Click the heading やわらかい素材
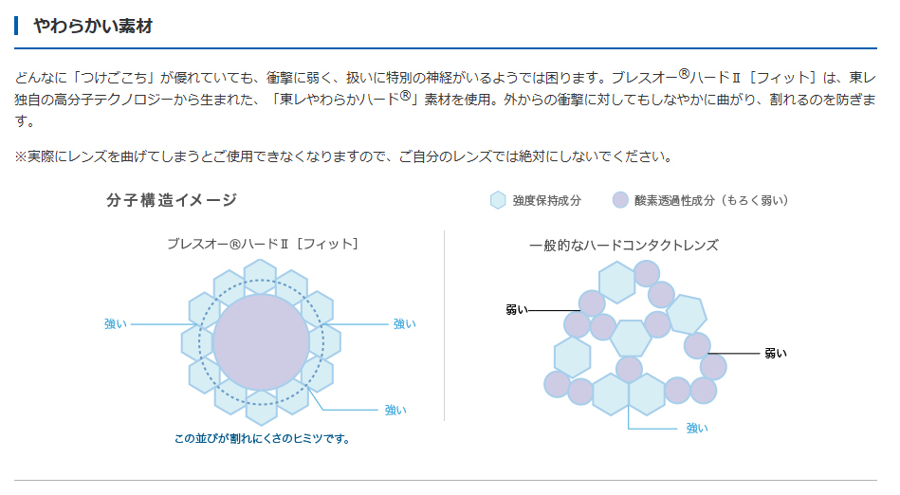coord(93,26)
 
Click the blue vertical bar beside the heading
coord(17,26)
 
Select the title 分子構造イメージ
coord(172,200)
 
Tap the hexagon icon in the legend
coord(498,200)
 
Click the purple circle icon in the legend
coord(620,200)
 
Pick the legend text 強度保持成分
coord(547,200)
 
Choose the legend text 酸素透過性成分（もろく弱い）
coord(711,200)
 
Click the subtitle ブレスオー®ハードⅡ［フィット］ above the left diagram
coord(263,244)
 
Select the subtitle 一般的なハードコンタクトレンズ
coord(623,246)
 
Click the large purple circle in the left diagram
coord(261,342)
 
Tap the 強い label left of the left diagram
coord(116,324)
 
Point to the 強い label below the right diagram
coord(697,429)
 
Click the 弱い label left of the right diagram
coord(517,310)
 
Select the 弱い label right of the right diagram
coord(776,354)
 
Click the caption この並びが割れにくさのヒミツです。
coord(263,439)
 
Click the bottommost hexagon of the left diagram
coord(262,408)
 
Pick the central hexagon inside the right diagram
coord(631,339)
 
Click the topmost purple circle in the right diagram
coord(647,273)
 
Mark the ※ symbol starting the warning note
coord(21,156)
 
